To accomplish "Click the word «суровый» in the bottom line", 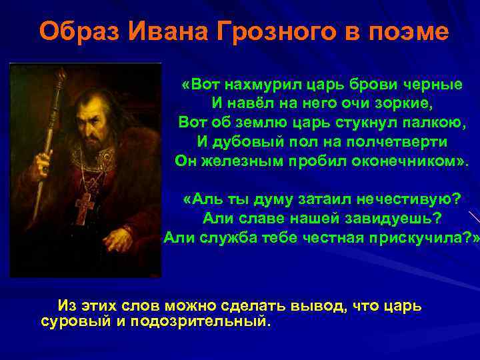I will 72,321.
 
